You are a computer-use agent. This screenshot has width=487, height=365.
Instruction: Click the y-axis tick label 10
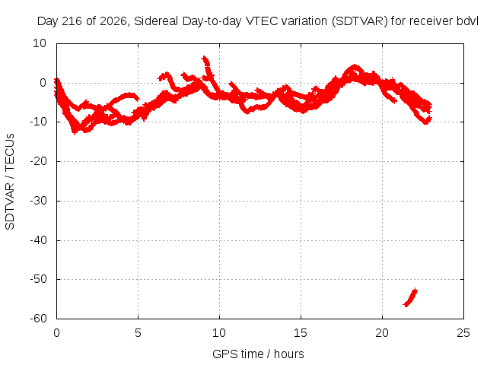(x=40, y=43)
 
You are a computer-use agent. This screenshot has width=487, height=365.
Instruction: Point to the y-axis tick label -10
(x=38, y=122)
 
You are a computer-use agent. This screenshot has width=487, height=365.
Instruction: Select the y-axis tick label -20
(x=38, y=161)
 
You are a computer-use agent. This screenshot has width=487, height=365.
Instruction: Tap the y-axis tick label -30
(x=38, y=201)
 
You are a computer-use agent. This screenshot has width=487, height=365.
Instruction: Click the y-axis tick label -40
(x=38, y=240)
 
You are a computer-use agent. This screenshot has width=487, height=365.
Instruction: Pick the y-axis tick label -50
(x=38, y=279)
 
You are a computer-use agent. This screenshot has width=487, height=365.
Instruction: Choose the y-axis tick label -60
(x=38, y=319)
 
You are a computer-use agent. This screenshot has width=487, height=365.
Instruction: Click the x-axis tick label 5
(x=138, y=333)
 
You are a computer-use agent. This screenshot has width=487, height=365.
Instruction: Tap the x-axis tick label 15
(x=301, y=333)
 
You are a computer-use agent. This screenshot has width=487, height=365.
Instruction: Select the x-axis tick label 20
(x=382, y=333)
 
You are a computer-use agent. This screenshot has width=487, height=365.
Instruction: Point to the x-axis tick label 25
(x=463, y=333)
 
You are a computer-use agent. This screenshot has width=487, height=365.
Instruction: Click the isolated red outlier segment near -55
(x=410, y=297)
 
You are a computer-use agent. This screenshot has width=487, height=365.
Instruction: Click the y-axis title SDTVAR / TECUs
(x=10, y=182)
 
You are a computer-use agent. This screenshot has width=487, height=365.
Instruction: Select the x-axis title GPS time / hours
(x=258, y=354)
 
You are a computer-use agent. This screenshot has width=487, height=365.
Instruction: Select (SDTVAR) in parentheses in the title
(x=360, y=21)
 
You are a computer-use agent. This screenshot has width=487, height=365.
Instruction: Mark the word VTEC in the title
(x=262, y=21)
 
